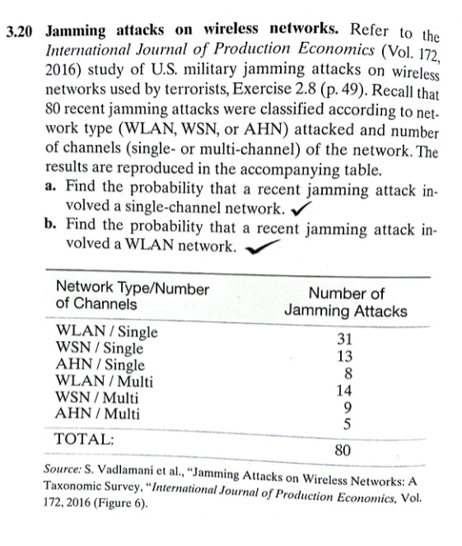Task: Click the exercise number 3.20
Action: tap(21, 32)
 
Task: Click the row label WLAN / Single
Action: tap(105, 333)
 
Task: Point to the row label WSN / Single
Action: tap(98, 348)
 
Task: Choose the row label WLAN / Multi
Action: tap(103, 381)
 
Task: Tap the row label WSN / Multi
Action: tap(96, 398)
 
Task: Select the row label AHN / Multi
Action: tap(96, 413)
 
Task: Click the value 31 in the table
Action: tap(345, 340)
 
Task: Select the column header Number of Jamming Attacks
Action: tap(345, 302)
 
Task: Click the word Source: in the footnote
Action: tap(64, 472)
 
